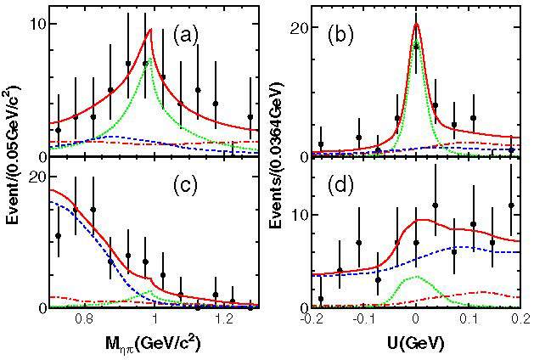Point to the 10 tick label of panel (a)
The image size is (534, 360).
pos(37,24)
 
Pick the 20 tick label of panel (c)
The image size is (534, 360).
pos(37,177)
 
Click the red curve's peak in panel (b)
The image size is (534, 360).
pos(416,24)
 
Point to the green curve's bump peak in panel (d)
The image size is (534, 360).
pos(413,277)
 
